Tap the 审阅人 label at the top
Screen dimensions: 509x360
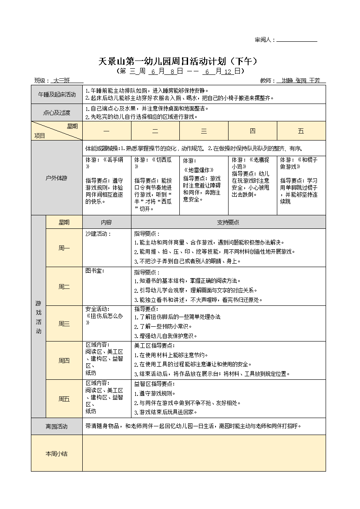(x=265, y=40)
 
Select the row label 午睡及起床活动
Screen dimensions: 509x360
(x=57, y=94)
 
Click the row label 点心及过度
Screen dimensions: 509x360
(x=57, y=113)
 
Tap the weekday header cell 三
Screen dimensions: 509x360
(x=204, y=131)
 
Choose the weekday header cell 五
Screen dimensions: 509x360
(x=301, y=131)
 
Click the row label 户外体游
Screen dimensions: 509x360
(x=57, y=178)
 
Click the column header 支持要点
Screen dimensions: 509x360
(x=228, y=222)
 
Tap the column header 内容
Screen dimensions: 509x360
(x=106, y=222)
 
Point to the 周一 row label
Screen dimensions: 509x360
(x=64, y=248)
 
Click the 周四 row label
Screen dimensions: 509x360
(x=64, y=360)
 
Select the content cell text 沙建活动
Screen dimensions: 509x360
(x=98, y=234)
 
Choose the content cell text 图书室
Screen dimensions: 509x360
(x=95, y=271)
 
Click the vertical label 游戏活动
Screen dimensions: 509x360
(x=38, y=317)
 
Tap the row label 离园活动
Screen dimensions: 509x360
(x=57, y=426)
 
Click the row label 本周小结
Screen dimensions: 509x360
(x=57, y=453)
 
